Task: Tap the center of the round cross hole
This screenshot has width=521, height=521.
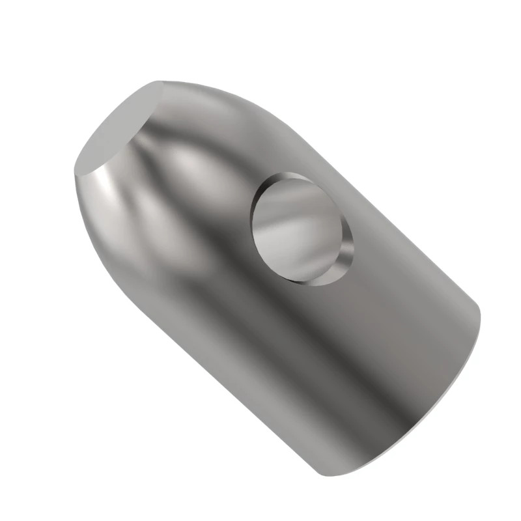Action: tap(301, 228)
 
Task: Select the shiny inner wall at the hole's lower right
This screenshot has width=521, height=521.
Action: tap(344, 257)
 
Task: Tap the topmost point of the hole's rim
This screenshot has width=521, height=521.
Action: tap(287, 173)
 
